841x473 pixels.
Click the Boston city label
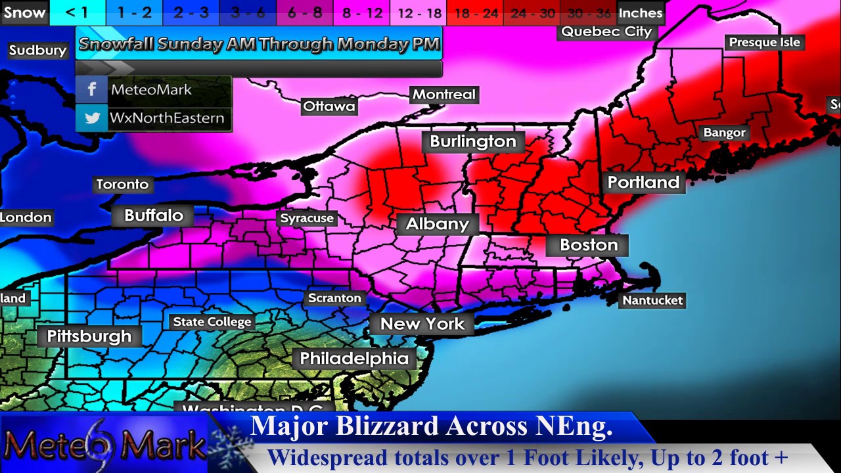point(589,245)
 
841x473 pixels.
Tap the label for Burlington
point(472,141)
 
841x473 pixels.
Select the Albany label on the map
point(438,224)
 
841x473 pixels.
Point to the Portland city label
point(643,182)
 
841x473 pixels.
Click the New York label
point(422,324)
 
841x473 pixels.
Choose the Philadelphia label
point(354,358)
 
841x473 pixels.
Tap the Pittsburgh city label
point(89,336)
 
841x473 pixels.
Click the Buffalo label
point(154,215)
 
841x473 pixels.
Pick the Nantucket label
point(652,300)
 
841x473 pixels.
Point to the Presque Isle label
point(764,42)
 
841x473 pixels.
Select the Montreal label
point(443,95)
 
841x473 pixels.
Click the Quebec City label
point(606,32)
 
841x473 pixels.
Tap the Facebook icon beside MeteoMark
point(92,89)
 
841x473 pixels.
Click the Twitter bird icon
point(92,118)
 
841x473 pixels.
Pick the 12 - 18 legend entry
point(419,12)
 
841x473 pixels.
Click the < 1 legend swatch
point(77,12)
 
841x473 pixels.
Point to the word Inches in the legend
point(640,12)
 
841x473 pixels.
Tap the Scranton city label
point(334,298)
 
